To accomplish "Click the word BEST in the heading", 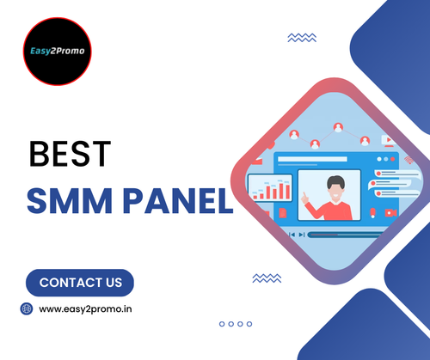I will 70,156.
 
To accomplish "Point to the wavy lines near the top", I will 301,38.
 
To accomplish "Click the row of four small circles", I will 234,324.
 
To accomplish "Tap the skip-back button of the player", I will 292,234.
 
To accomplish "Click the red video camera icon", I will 390,211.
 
